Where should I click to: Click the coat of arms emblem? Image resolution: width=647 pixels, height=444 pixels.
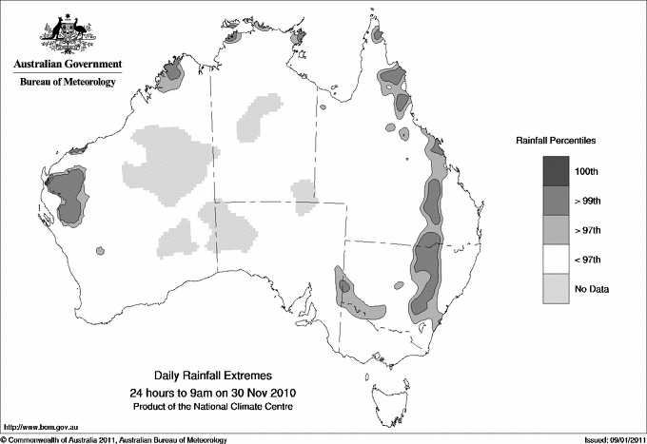pyautogui.click(x=66, y=33)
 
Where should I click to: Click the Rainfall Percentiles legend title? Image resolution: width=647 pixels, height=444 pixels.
pyautogui.click(x=557, y=140)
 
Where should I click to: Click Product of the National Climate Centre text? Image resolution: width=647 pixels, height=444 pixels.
pyautogui.click(x=215, y=406)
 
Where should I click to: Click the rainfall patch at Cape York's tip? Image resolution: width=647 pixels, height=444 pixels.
pyautogui.click(x=378, y=35)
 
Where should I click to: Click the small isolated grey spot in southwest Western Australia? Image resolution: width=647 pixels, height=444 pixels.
pyautogui.click(x=99, y=251)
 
